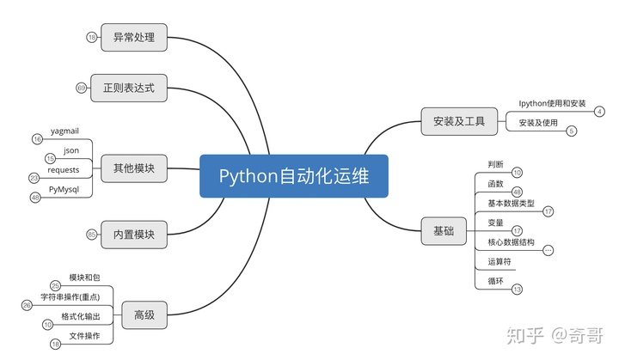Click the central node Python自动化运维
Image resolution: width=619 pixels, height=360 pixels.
tap(293, 176)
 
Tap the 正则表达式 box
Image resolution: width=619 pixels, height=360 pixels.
tap(129, 88)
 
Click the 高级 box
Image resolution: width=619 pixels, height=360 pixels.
tap(144, 315)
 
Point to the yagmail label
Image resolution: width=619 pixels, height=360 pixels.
tap(64, 130)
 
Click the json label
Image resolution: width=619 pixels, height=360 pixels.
tap(71, 150)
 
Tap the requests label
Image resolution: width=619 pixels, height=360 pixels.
tap(64, 170)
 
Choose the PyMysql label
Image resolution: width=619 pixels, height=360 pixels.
tap(64, 190)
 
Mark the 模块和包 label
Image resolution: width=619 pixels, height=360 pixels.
tap(84, 278)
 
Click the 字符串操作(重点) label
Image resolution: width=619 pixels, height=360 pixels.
tap(70, 297)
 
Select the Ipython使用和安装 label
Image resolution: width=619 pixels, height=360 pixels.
tap(552, 103)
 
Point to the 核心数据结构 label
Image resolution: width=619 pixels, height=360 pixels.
tap(511, 242)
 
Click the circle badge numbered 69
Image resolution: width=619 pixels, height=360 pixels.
tap(82, 88)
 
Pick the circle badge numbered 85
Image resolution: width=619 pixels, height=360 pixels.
tap(92, 234)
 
